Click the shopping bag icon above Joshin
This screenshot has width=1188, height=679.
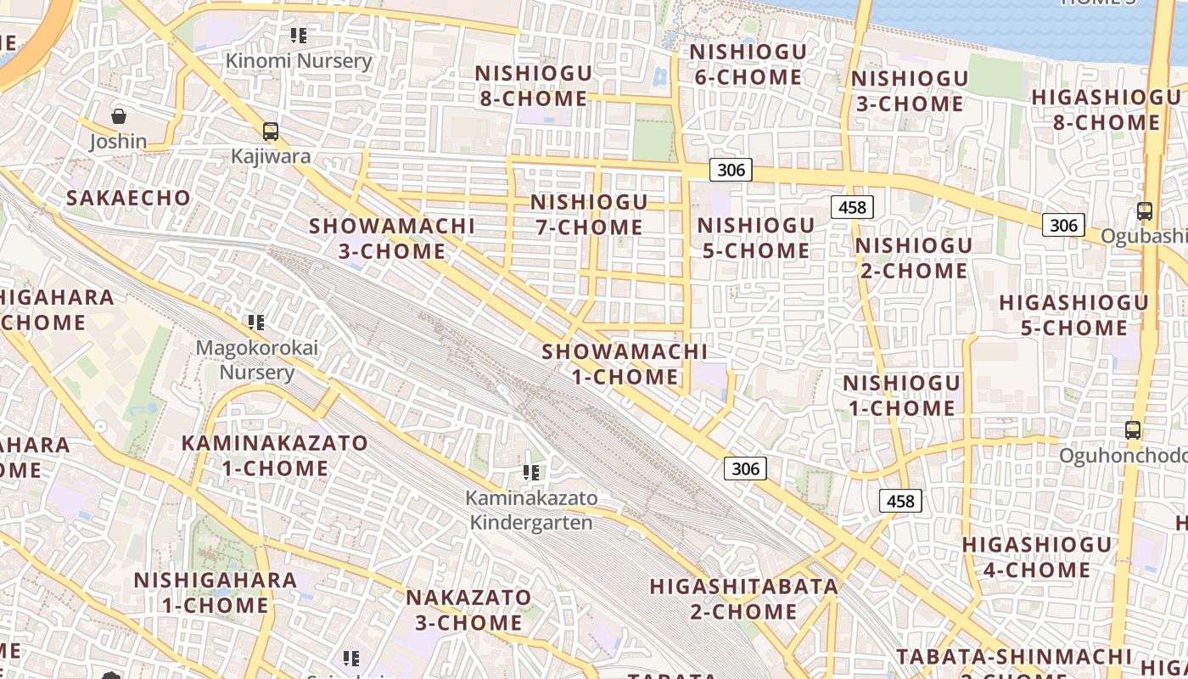(x=119, y=116)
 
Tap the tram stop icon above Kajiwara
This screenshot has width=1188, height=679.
(x=271, y=132)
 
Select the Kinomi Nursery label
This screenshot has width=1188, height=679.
(x=299, y=61)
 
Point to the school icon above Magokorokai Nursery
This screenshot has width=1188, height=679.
(x=256, y=323)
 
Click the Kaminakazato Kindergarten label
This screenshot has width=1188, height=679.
(x=531, y=510)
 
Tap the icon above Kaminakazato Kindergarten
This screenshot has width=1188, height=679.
(x=532, y=472)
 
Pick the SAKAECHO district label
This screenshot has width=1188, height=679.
(x=129, y=198)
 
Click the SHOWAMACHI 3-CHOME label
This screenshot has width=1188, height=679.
(x=392, y=238)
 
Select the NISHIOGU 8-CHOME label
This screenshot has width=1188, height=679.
(x=533, y=86)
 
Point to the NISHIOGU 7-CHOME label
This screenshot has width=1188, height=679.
(x=589, y=215)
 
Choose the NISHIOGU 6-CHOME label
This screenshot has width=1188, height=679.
(x=747, y=65)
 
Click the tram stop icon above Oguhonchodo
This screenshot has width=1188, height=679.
(x=1133, y=430)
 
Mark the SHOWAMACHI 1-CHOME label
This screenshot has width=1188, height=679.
(x=625, y=363)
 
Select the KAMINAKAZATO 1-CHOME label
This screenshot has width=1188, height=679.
(x=275, y=455)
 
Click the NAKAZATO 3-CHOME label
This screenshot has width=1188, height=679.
(x=468, y=609)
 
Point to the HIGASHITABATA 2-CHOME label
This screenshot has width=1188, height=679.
(x=743, y=598)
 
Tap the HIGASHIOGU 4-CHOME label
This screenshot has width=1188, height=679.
(x=1036, y=557)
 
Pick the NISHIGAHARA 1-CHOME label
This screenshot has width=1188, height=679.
(x=216, y=592)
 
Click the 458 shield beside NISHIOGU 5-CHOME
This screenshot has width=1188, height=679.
(x=852, y=207)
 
